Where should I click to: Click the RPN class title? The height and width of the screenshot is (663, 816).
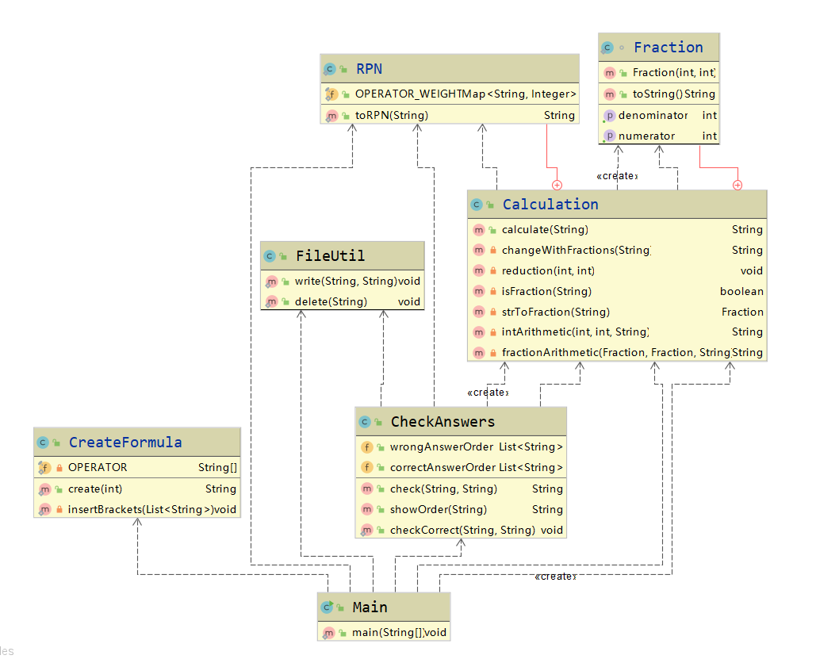pyautogui.click(x=369, y=69)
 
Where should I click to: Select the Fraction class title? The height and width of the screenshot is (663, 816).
pyautogui.click(x=668, y=48)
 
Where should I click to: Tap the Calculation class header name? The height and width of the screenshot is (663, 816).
pyautogui.click(x=550, y=205)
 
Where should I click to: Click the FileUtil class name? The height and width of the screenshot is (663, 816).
pyautogui.click(x=330, y=256)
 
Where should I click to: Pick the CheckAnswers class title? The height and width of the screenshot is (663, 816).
pyautogui.click(x=442, y=422)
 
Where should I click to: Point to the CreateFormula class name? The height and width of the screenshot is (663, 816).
pyautogui.click(x=125, y=443)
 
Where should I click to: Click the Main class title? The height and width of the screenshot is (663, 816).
pyautogui.click(x=370, y=607)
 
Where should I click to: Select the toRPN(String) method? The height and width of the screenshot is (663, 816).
pyautogui.click(x=392, y=116)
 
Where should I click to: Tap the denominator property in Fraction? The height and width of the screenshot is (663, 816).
pyautogui.click(x=653, y=116)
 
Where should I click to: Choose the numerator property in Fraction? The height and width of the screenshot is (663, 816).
pyautogui.click(x=646, y=136)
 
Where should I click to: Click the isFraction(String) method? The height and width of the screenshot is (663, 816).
pyautogui.click(x=546, y=292)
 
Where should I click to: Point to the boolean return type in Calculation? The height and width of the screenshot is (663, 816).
pyautogui.click(x=741, y=292)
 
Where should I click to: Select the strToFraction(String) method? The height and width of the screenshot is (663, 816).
pyautogui.click(x=555, y=312)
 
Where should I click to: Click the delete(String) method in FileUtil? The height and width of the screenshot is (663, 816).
pyautogui.click(x=331, y=302)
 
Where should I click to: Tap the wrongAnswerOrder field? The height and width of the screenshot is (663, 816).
pyautogui.click(x=441, y=447)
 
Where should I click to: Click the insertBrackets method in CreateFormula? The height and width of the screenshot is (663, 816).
pyautogui.click(x=140, y=510)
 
